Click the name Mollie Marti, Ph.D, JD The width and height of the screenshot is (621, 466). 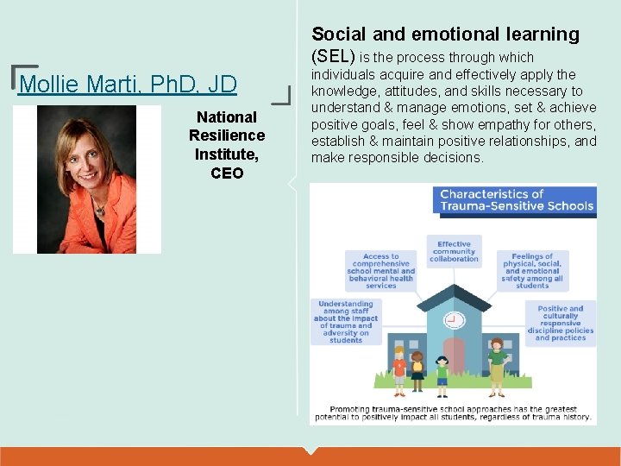(x=127, y=85)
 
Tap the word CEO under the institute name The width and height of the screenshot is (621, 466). (x=227, y=173)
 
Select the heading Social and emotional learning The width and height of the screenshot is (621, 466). (x=445, y=35)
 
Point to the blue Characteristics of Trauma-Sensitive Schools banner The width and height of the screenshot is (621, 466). (x=517, y=199)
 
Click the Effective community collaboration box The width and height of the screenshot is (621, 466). (x=454, y=251)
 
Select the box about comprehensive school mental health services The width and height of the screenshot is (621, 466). (x=381, y=270)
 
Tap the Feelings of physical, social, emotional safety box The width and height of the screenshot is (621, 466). (x=532, y=270)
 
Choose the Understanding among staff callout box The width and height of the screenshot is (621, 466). (x=345, y=321)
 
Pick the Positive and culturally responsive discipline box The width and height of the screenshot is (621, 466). (x=561, y=323)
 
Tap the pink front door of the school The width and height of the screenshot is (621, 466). (x=454, y=355)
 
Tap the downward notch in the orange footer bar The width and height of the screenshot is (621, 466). (x=310, y=450)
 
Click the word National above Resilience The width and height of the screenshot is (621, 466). (x=227, y=116)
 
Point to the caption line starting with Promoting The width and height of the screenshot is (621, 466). (x=452, y=408)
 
